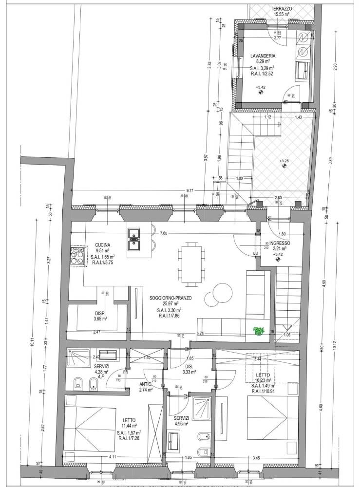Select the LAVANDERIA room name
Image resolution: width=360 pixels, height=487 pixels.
point(260,56)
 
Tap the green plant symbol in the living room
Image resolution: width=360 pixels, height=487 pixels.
point(258,331)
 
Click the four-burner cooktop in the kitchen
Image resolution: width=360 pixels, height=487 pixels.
point(77,257)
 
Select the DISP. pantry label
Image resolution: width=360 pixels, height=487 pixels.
point(100,314)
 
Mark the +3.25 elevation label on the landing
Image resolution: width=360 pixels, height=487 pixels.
point(284,160)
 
